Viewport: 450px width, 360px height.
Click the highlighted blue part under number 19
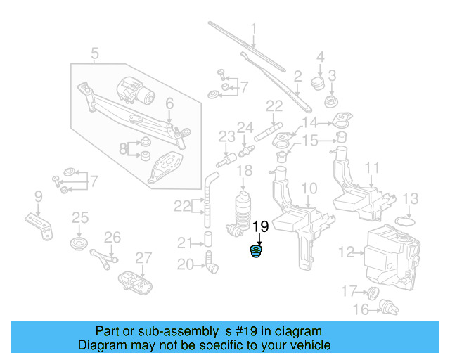tap(260, 252)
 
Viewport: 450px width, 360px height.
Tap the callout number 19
tap(260, 226)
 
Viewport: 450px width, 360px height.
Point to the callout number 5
tap(95, 52)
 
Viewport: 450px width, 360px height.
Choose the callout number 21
tap(184, 243)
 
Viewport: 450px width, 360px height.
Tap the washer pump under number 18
tap(243, 211)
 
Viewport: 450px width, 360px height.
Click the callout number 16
tap(361, 309)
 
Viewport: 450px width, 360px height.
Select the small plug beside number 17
tap(373, 291)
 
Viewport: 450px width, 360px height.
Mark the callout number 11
tap(372, 168)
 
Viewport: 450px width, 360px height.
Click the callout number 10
tap(309, 188)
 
